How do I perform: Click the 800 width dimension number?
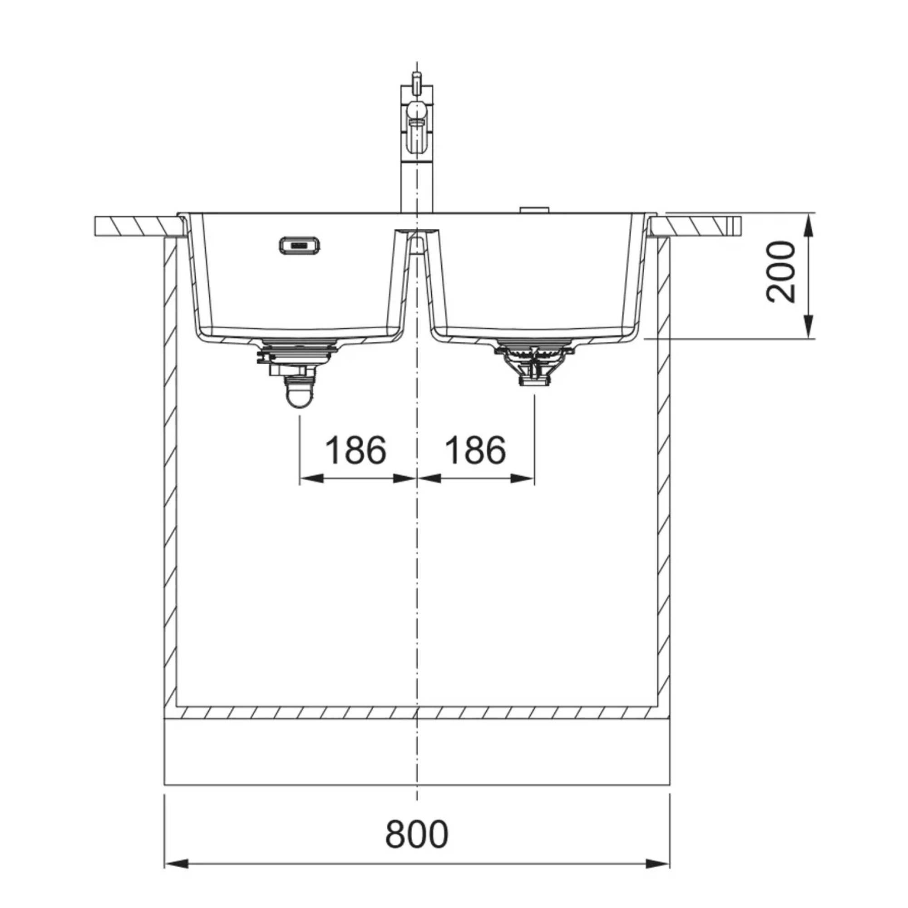point(416,834)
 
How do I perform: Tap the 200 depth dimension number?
point(781,271)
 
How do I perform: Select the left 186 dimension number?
point(355,450)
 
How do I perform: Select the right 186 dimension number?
point(475,450)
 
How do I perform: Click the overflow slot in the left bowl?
point(300,245)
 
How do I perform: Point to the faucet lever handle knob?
point(417,111)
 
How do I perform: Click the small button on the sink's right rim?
point(534,210)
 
